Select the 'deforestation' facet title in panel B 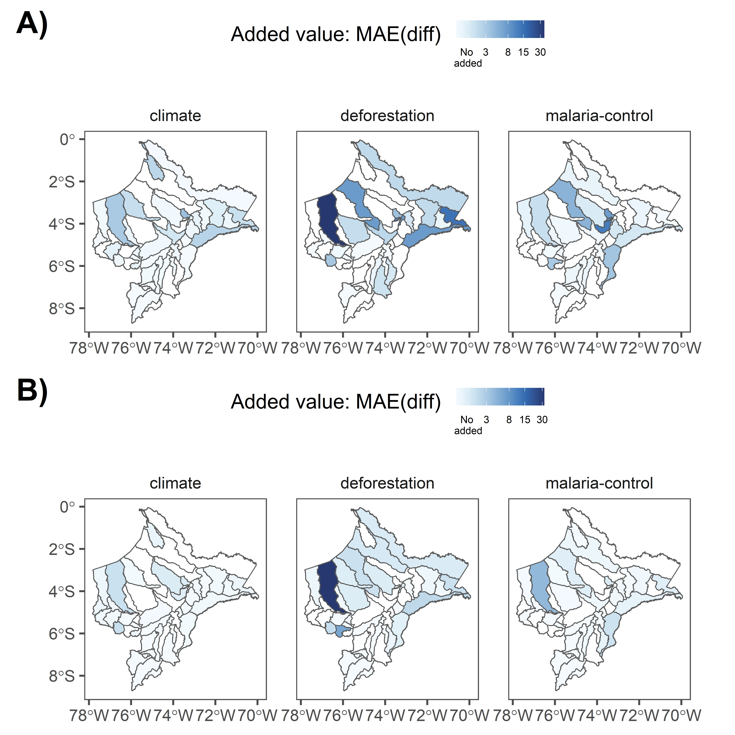(387, 483)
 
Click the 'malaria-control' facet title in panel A (599, 116)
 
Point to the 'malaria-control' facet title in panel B (599, 483)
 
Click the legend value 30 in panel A (540, 53)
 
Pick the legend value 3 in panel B (486, 420)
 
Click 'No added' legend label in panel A (468, 57)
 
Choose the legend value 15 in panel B (525, 420)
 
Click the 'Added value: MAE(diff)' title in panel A (336, 34)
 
